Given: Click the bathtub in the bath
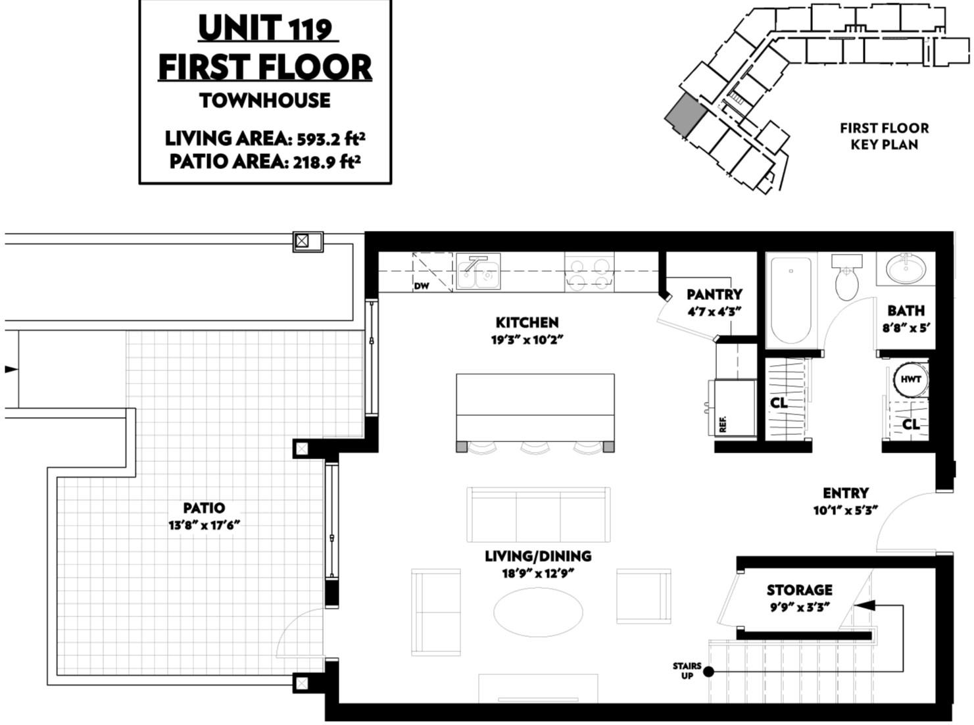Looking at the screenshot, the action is pyautogui.click(x=791, y=301).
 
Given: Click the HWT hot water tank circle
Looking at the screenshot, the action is pyautogui.click(x=911, y=380).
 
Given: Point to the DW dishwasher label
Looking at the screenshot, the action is pyautogui.click(x=422, y=286).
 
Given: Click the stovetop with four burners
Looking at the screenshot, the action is pyautogui.click(x=589, y=273).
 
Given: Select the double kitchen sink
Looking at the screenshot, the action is pyautogui.click(x=478, y=272).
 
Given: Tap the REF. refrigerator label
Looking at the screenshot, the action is pyautogui.click(x=723, y=424).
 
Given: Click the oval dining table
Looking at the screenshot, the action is pyautogui.click(x=538, y=612).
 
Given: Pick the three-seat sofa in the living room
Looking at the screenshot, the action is pyautogui.click(x=539, y=514).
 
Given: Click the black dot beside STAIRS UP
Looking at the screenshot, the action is pyautogui.click(x=708, y=672).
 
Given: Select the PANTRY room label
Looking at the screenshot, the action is pyautogui.click(x=714, y=294).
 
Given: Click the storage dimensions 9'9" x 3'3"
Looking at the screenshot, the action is pyautogui.click(x=800, y=608).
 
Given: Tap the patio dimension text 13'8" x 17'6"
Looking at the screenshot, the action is pyautogui.click(x=205, y=525).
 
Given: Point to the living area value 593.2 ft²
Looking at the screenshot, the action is pyautogui.click(x=331, y=139).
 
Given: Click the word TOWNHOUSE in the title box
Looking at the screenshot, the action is pyautogui.click(x=265, y=101).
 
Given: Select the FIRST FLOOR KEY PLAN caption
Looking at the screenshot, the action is pyautogui.click(x=884, y=136).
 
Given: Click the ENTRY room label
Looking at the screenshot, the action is pyautogui.click(x=846, y=493).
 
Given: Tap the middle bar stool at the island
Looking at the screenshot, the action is pyautogui.click(x=535, y=447).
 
